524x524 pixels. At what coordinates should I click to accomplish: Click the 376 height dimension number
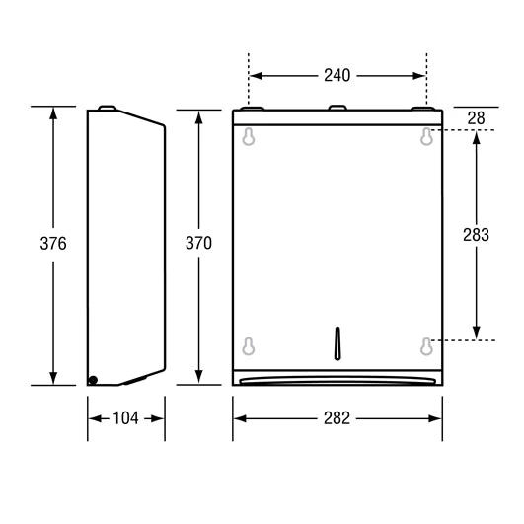coord(53,243)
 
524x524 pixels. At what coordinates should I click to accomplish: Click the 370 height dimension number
coord(199,243)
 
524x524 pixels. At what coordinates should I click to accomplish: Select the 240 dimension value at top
coord(337,74)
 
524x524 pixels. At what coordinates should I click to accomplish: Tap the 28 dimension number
coord(476,117)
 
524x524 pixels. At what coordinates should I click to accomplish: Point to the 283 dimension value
coord(476,235)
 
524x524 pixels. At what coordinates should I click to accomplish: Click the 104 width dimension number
coord(125,418)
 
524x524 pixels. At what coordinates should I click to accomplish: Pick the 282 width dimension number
coord(337,418)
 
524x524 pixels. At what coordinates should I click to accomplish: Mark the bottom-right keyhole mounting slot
coord(426,345)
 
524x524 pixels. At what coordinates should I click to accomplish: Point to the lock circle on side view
coord(93,379)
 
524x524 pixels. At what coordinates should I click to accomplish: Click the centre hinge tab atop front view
coord(337,108)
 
